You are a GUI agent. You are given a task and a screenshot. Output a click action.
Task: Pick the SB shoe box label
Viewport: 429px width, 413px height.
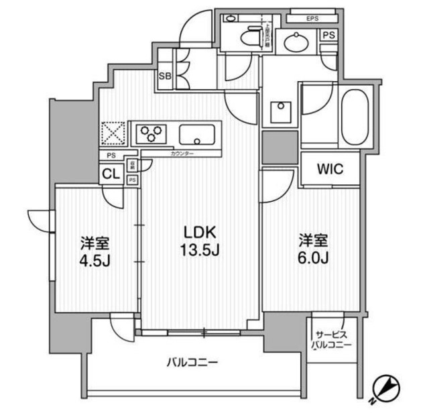[x=165, y=76]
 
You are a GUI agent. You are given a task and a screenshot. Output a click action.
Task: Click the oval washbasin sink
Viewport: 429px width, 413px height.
[x=296, y=42]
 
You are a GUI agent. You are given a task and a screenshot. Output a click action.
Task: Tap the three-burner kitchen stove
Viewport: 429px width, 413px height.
[x=152, y=133]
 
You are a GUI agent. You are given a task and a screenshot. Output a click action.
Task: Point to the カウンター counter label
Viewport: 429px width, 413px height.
[x=182, y=154]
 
